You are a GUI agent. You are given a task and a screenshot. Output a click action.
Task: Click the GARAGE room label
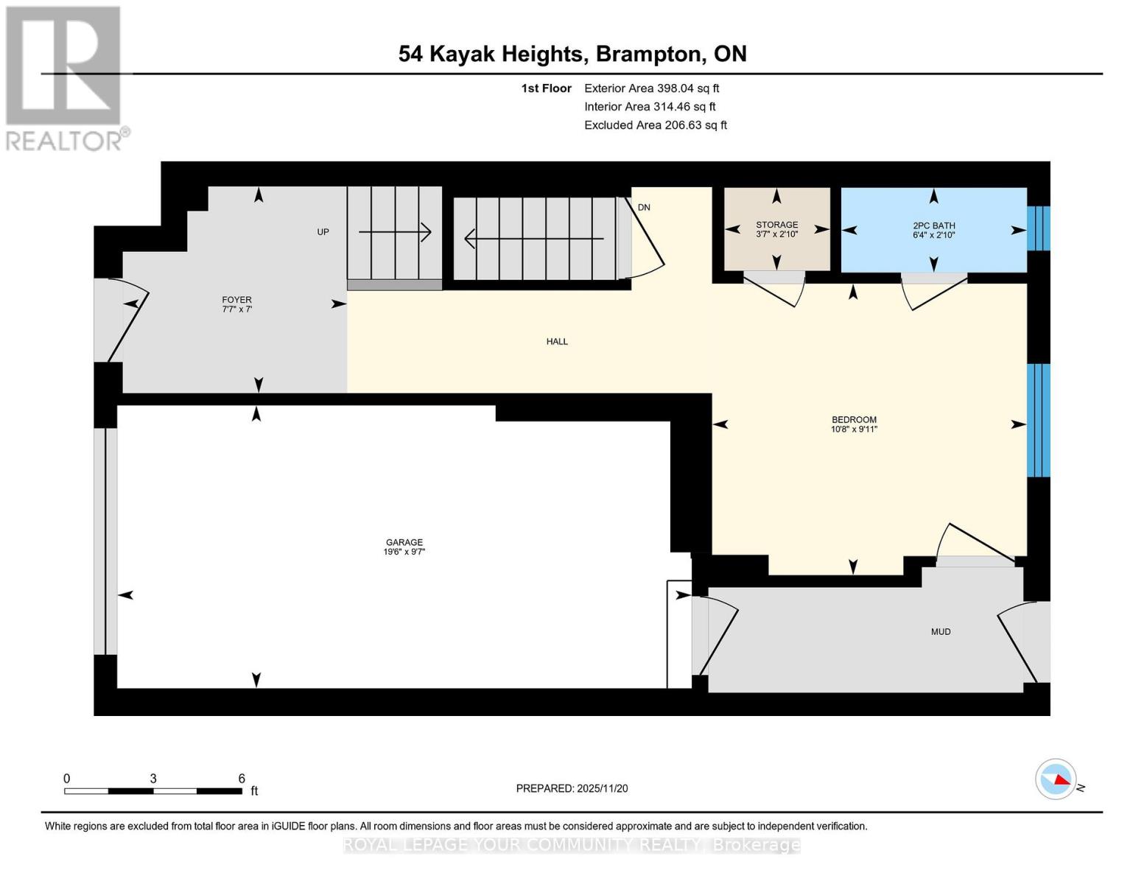(x=404, y=542)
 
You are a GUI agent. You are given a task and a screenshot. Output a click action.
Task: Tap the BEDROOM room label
(x=854, y=420)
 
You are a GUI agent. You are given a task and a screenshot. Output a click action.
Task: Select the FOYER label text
(x=236, y=300)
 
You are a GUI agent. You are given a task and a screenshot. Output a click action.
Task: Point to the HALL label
(x=557, y=342)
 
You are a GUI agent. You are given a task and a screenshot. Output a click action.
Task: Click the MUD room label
(x=941, y=632)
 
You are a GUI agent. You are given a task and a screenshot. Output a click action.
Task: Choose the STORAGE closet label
(x=776, y=225)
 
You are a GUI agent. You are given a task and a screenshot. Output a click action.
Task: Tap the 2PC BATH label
(x=933, y=225)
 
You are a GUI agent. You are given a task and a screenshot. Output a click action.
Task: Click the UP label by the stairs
(x=323, y=232)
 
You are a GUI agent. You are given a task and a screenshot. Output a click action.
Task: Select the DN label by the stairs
(x=644, y=208)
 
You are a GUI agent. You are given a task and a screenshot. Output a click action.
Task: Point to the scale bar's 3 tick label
(x=153, y=779)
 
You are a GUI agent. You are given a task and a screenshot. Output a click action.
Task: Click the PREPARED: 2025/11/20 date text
(x=572, y=788)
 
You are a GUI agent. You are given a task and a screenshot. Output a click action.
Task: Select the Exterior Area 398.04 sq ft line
(x=651, y=88)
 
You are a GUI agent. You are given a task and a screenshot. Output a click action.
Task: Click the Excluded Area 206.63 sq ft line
(x=655, y=125)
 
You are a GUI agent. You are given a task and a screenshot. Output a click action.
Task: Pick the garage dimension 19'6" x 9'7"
(x=404, y=552)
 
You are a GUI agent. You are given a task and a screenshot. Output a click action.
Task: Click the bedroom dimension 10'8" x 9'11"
(x=854, y=429)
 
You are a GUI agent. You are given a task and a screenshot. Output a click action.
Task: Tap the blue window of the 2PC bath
(x=1039, y=228)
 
